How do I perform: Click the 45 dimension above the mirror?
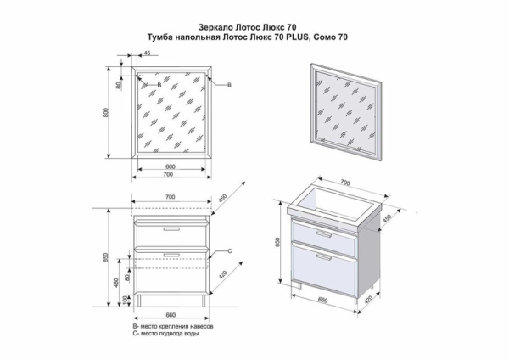(147, 53)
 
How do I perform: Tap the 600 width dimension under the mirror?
(171, 166)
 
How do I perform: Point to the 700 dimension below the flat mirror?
(168, 175)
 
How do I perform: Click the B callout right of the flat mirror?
(229, 85)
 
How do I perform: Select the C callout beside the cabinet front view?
(229, 250)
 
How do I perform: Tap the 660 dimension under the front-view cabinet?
(171, 315)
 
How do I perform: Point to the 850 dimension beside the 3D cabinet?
(277, 242)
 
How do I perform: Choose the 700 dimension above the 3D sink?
(345, 183)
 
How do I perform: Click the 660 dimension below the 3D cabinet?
(322, 300)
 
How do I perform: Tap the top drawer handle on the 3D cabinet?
(324, 234)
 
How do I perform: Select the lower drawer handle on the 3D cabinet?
(324, 257)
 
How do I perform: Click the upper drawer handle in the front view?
(171, 229)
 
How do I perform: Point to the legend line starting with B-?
(173, 326)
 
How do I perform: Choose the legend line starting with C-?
(165, 334)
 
